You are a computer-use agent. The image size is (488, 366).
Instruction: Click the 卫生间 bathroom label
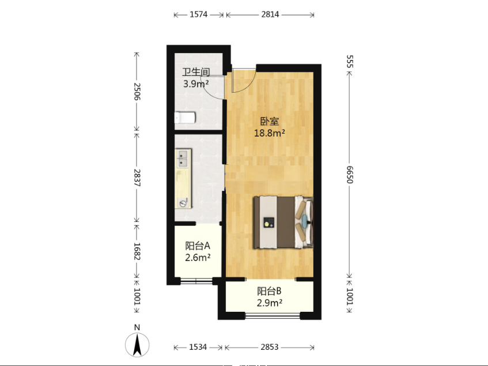click(x=196, y=72)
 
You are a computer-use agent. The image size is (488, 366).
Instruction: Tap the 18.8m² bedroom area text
click(x=270, y=133)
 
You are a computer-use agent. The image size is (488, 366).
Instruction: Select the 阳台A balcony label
click(x=198, y=246)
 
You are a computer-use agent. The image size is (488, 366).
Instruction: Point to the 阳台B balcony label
click(x=269, y=291)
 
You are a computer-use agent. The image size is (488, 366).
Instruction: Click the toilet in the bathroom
click(x=185, y=118)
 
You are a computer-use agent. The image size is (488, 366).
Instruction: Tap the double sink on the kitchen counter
click(x=183, y=158)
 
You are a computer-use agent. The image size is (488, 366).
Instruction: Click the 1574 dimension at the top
click(x=199, y=14)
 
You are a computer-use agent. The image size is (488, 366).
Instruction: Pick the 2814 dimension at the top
click(x=270, y=14)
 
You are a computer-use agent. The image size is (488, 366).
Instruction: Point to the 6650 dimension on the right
click(x=350, y=175)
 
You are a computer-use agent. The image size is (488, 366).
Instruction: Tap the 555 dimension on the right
click(x=350, y=61)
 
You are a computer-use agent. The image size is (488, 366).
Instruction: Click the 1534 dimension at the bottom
click(x=198, y=347)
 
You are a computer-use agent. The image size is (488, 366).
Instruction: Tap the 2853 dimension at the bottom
click(x=270, y=347)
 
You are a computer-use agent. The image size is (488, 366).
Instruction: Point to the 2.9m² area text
click(x=270, y=303)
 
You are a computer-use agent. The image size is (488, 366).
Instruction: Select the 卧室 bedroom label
click(x=270, y=122)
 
